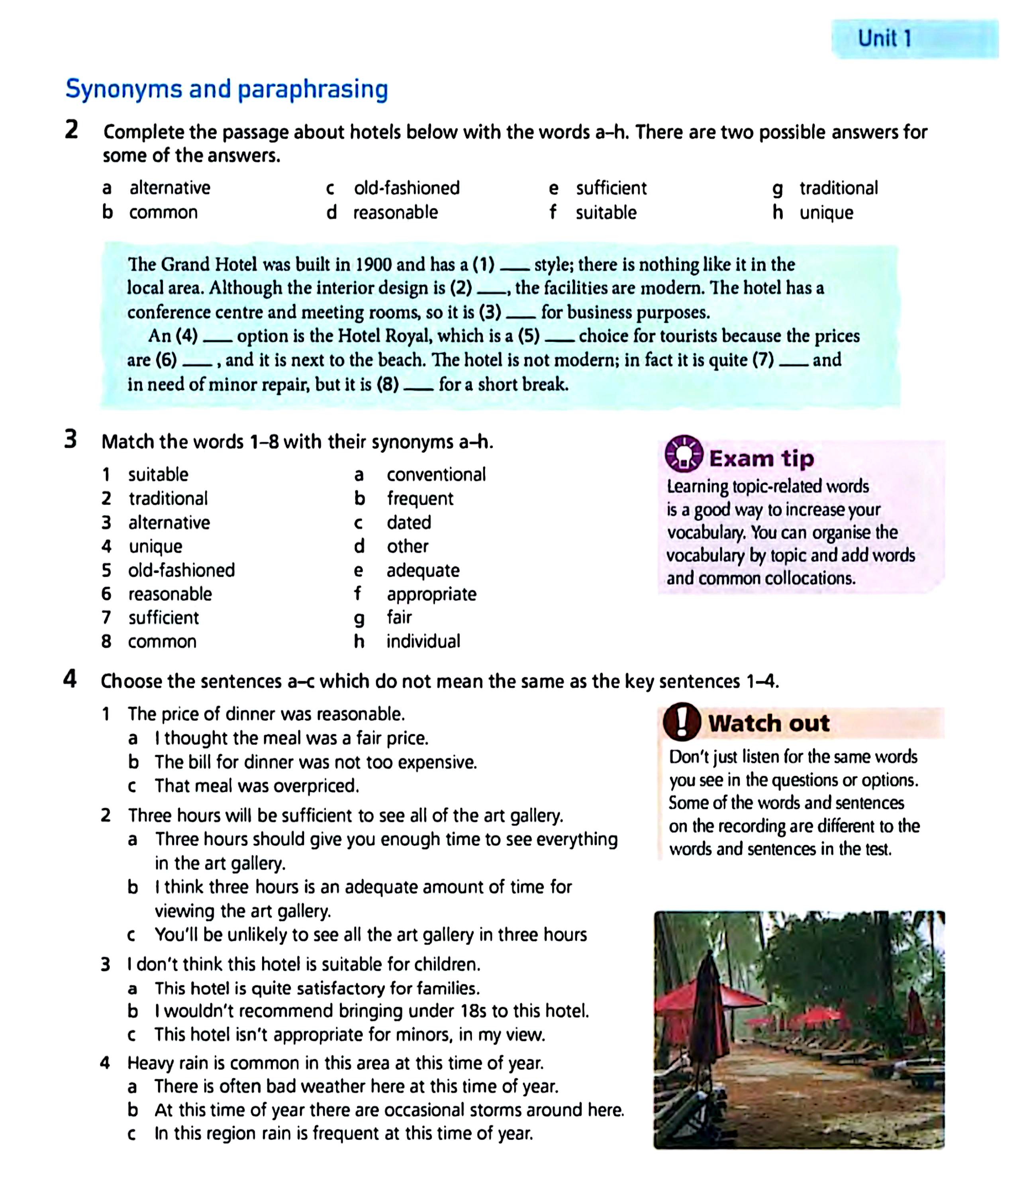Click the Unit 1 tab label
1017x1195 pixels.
(x=884, y=39)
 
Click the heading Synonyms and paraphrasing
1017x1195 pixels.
(x=227, y=89)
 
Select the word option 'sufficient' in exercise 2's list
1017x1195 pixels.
(x=611, y=188)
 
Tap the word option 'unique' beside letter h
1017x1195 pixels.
(x=826, y=213)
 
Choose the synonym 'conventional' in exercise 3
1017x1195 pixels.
(x=436, y=474)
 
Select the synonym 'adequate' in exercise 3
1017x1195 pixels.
(x=423, y=570)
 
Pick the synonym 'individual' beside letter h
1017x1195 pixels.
(x=423, y=641)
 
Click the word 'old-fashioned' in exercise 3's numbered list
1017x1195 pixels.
(x=182, y=570)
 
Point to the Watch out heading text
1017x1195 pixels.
(x=768, y=723)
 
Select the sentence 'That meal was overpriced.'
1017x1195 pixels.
(x=257, y=786)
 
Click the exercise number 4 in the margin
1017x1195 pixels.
(x=70, y=680)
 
